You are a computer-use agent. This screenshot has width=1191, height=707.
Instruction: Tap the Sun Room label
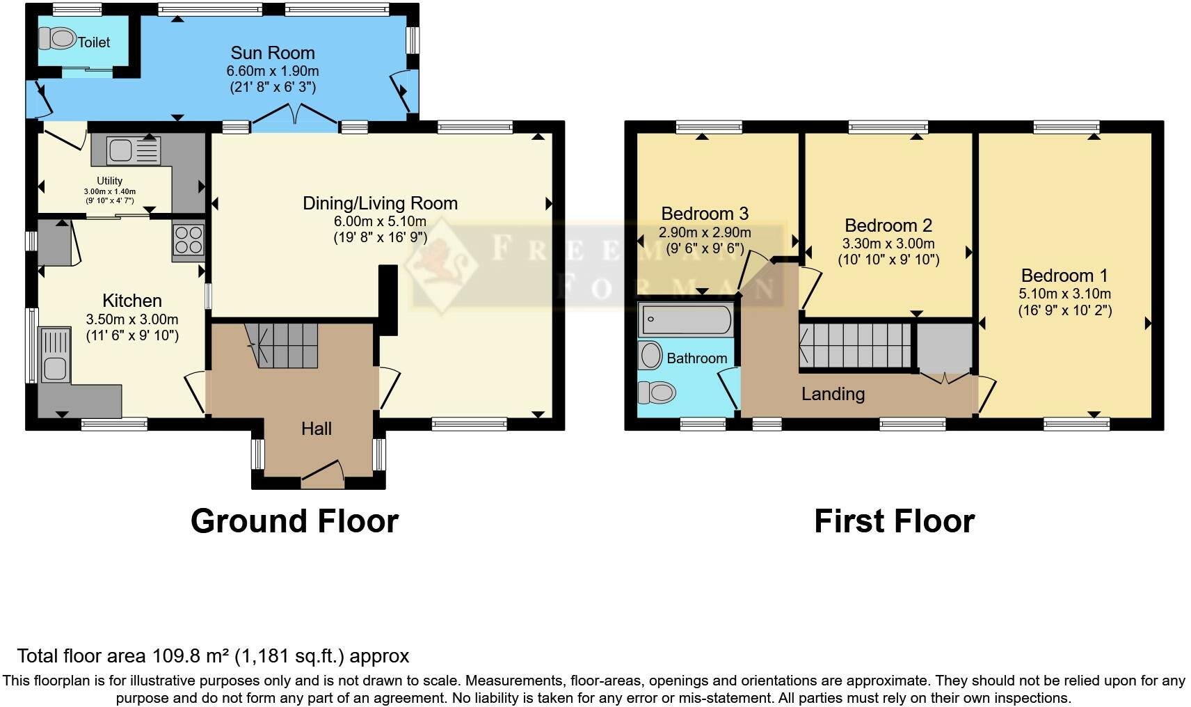coord(273,53)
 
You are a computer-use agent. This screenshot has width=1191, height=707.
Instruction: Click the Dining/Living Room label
coord(380,203)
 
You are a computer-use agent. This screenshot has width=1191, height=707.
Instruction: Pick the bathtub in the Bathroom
coord(686,320)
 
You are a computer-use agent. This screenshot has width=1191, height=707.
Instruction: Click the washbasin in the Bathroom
coord(651,356)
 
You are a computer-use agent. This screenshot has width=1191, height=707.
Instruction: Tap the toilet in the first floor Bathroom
coord(657,393)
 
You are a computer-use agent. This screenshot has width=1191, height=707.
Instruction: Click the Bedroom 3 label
coord(705,214)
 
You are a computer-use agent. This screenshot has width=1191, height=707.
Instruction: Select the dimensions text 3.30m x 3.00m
coord(888,244)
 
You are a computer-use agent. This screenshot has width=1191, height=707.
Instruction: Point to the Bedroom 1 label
coord(1064,276)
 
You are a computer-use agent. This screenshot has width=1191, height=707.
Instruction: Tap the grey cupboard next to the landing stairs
coord(944,347)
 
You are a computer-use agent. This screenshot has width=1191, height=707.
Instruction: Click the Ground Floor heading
coord(294,521)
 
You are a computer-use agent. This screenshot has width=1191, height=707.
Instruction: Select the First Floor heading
coord(894,521)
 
